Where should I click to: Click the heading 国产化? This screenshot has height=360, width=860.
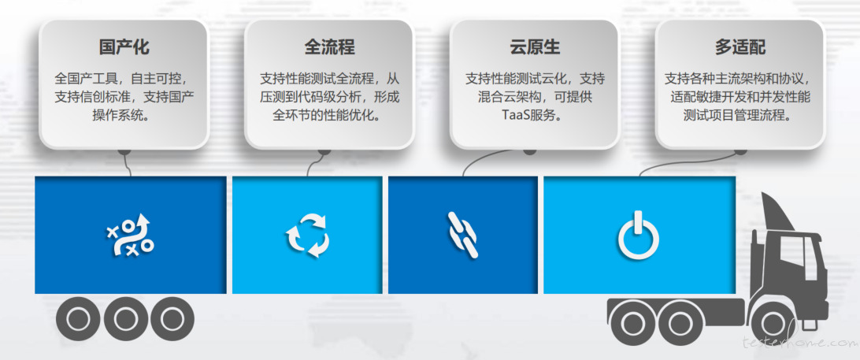click(x=124, y=47)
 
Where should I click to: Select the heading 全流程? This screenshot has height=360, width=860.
click(x=330, y=47)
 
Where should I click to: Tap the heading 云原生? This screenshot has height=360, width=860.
click(x=535, y=47)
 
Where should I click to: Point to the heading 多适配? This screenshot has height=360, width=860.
click(x=740, y=47)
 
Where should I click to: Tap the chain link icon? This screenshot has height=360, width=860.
click(x=463, y=236)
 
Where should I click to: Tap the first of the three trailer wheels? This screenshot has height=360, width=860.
click(x=78, y=318)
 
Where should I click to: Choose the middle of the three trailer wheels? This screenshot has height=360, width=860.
click(x=125, y=318)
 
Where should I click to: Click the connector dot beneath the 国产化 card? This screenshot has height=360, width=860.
click(x=125, y=150)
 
